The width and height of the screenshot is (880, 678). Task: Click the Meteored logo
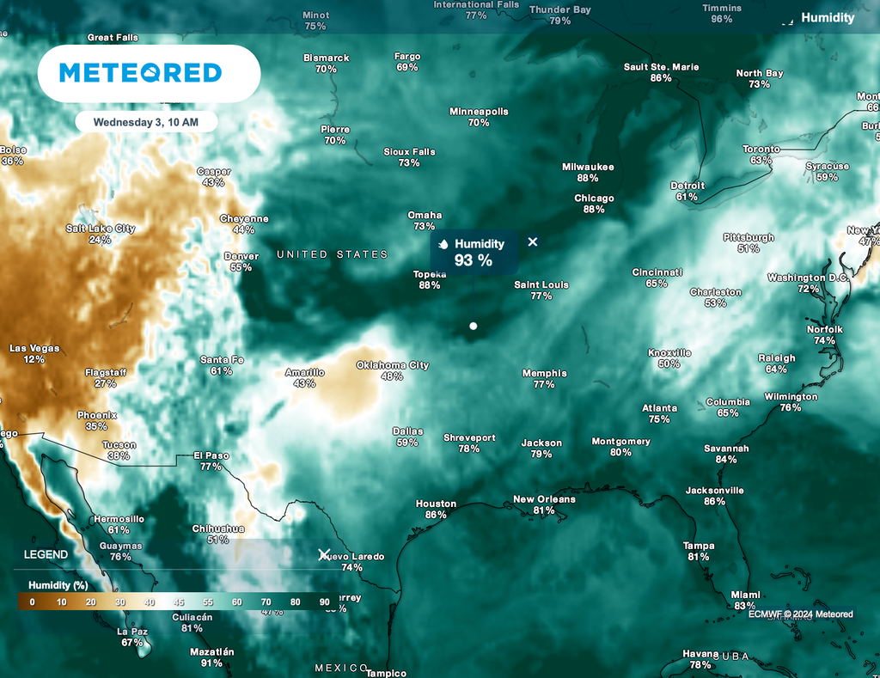click(140, 73)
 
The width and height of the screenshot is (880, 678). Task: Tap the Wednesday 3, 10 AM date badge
click(145, 122)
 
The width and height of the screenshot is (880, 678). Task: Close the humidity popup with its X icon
click(533, 242)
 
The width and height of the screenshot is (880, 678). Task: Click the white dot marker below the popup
click(473, 326)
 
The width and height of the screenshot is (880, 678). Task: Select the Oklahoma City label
click(392, 365)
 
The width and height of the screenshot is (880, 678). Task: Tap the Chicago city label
click(594, 199)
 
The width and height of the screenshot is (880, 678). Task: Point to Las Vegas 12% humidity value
click(34, 359)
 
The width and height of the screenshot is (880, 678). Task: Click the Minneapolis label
click(479, 112)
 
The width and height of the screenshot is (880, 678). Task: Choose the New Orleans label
click(544, 499)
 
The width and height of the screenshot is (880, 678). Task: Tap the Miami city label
click(745, 595)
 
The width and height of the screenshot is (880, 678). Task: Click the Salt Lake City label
click(101, 229)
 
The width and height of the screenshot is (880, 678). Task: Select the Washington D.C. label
click(808, 278)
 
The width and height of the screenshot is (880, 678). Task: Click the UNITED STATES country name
click(332, 254)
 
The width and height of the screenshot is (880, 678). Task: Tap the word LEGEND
click(46, 555)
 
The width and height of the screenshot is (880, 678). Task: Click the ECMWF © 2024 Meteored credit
click(800, 614)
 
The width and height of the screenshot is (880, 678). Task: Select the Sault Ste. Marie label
click(661, 67)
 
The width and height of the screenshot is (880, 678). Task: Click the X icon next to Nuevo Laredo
click(324, 555)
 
